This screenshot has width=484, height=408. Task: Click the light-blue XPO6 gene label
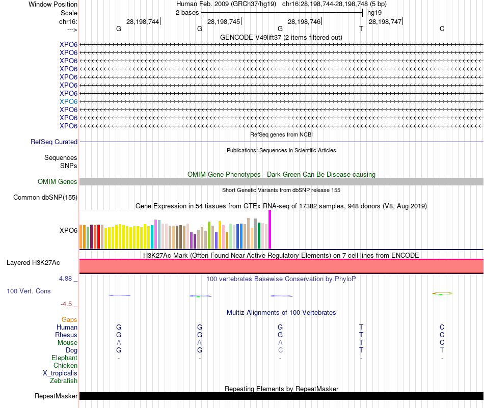point(68,101)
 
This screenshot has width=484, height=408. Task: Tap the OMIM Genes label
point(58,182)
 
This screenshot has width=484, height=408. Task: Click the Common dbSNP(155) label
point(45,198)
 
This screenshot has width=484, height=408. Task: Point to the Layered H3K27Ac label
point(33,263)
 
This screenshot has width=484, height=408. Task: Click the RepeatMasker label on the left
point(56,396)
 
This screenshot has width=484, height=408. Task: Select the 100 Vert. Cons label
point(29,291)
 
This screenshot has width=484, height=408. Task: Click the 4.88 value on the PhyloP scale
point(66,279)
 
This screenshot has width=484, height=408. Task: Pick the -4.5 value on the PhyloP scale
point(66,304)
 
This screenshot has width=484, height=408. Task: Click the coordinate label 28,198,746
point(304,21)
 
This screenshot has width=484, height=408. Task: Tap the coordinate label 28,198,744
point(143,21)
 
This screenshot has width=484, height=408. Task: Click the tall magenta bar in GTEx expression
point(270,229)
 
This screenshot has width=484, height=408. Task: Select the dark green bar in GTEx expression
point(259,235)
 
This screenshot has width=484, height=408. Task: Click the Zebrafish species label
point(64,380)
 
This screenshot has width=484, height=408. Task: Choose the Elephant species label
point(64,358)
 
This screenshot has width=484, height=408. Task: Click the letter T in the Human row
point(361,327)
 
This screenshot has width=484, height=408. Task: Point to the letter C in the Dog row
point(280,350)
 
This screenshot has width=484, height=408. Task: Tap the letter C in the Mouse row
point(442,343)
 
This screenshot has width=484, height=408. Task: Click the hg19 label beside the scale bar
point(374,12)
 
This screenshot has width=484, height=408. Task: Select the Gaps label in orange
point(69,319)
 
